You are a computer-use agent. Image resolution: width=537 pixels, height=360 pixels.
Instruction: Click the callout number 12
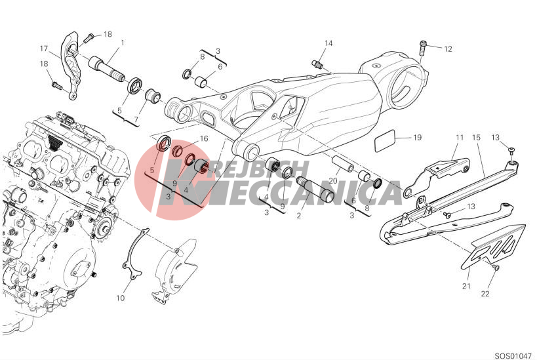click(x=448, y=49)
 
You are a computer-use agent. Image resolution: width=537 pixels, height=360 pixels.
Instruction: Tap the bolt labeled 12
click(x=423, y=49)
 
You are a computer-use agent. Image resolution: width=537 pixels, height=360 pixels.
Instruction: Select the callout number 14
click(x=328, y=43)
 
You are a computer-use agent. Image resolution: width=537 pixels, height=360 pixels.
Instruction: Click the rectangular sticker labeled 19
click(x=385, y=140)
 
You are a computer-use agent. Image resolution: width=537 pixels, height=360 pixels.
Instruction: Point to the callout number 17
click(x=44, y=49)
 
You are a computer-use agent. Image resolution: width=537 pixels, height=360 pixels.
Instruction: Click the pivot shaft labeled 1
click(x=106, y=70)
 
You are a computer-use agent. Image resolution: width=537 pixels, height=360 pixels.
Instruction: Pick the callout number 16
click(x=204, y=138)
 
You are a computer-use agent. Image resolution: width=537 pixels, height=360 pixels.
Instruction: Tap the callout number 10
click(x=120, y=298)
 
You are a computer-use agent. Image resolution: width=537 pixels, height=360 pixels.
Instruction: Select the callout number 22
click(x=485, y=294)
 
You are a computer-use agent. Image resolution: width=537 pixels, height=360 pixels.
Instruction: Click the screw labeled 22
click(x=495, y=267)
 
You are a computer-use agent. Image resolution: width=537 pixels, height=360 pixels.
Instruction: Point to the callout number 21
click(x=466, y=286)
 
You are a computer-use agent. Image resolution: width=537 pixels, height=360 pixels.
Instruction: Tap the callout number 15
click(x=477, y=137)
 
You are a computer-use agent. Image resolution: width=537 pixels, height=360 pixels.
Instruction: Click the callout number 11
click(x=460, y=137)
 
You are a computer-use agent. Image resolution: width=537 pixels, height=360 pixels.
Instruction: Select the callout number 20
click(x=333, y=181)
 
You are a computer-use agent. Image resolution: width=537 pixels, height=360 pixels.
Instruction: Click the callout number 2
click(x=298, y=216)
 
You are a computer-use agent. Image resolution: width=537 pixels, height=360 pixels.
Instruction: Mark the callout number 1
click(x=122, y=43)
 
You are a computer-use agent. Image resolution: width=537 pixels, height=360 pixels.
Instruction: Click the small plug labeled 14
click(x=317, y=64)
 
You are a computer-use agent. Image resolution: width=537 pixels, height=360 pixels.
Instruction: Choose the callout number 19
click(x=417, y=137)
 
